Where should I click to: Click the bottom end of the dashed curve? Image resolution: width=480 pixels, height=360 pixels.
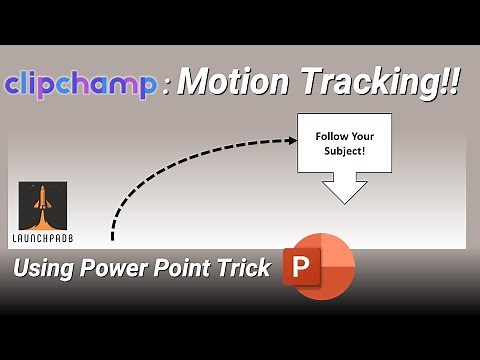112,239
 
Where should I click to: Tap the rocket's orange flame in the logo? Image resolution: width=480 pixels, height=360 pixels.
42,223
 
